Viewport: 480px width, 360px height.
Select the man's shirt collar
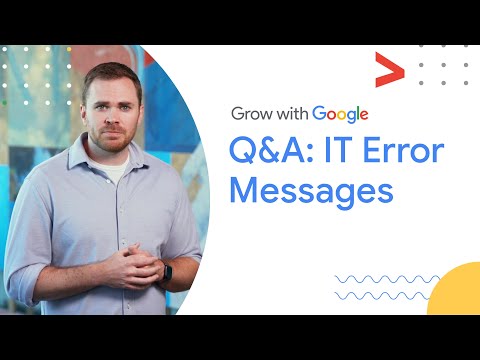click(112, 165)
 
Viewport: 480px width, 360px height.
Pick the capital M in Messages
click(245, 190)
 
